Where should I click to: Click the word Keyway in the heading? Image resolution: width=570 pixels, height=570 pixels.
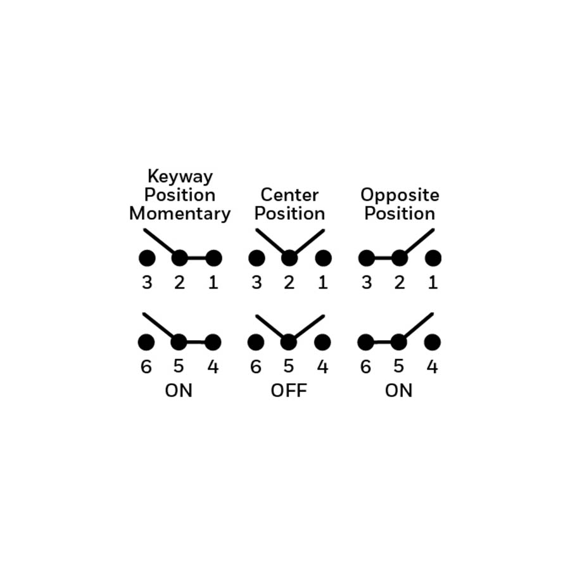pos(180,177)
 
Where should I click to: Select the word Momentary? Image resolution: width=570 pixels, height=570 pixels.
pos(180,213)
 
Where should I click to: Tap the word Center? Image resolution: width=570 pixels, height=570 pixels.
pos(289,195)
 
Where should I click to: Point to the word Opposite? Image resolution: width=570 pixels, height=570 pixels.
pos(400,196)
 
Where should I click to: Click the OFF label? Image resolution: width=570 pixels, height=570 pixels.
pos(289,390)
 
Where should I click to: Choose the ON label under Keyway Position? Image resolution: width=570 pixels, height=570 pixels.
pos(179,390)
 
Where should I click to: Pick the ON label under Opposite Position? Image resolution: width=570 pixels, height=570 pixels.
pos(399,390)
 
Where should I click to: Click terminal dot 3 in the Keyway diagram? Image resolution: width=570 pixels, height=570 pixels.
pos(147,258)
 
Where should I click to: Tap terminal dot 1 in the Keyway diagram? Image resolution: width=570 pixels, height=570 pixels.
pos(214,258)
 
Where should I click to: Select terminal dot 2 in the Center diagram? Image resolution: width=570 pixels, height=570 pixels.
pos(289,258)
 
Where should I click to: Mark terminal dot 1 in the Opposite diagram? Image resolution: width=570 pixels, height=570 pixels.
pos(433,258)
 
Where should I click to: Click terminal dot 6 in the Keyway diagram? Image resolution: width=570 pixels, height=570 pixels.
pos(146,343)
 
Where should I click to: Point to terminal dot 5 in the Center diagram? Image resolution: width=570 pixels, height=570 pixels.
pos(289,343)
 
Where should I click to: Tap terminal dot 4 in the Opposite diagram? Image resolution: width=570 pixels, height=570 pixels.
pos(432,343)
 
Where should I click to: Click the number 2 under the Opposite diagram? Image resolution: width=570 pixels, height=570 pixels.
pos(400,282)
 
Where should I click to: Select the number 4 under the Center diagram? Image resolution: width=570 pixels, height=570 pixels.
pos(322,367)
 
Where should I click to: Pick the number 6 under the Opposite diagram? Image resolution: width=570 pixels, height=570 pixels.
pos(365,367)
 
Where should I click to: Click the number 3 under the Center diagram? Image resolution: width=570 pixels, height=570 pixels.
pos(256,282)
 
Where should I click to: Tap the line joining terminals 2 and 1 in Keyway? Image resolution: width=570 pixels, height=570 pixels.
pos(197,258)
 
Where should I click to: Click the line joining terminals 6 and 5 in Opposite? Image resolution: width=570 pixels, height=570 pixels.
pos(382,343)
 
